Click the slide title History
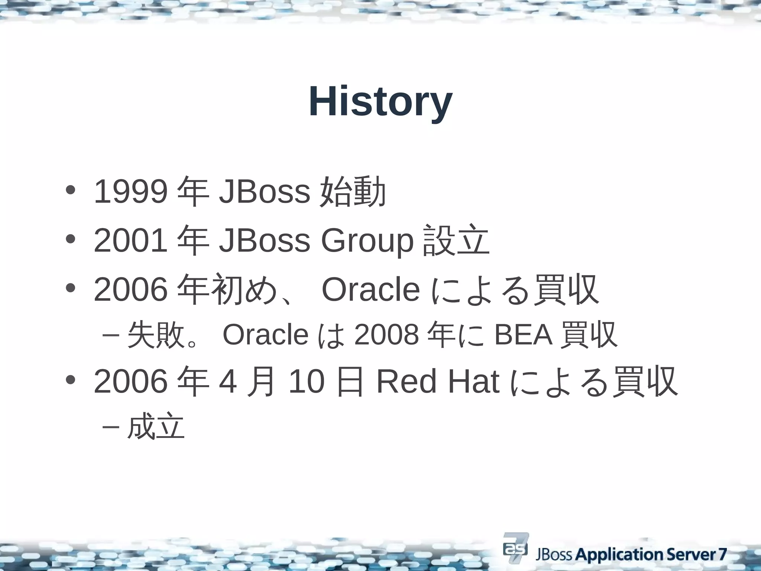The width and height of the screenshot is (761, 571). [380, 101]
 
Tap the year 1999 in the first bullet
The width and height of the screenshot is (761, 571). [130, 192]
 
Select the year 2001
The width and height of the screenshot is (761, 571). [130, 241]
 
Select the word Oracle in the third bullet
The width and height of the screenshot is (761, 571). [370, 290]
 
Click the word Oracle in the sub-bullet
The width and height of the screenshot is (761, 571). [265, 335]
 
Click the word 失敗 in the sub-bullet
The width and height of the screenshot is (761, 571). [156, 335]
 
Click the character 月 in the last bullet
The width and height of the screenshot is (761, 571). [262, 382]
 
